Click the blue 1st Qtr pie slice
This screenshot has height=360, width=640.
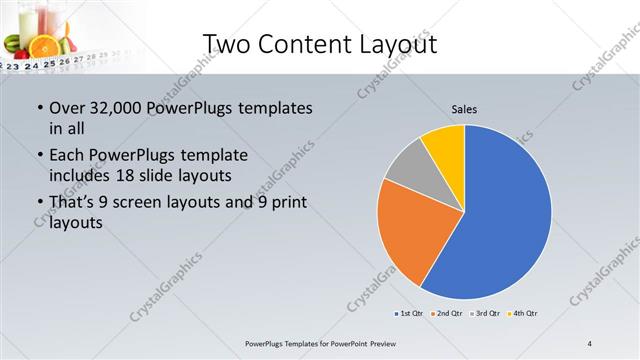[505, 220]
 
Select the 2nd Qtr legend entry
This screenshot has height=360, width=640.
[449, 314]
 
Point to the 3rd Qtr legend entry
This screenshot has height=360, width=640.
[487, 314]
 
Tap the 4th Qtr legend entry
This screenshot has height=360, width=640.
[525, 314]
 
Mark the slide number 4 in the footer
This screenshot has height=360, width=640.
[590, 344]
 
